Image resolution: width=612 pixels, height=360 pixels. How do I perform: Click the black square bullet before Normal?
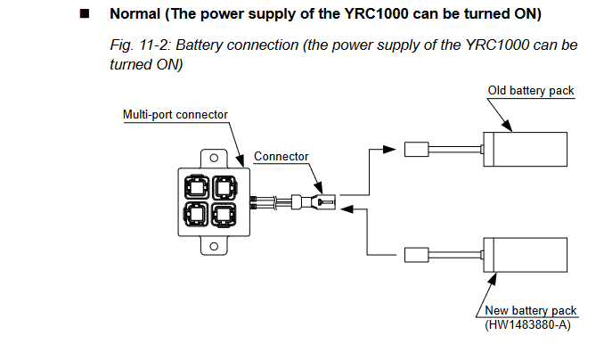[x=85, y=14]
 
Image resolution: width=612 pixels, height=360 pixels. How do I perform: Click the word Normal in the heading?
[x=135, y=14]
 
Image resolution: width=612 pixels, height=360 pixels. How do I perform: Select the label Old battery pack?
[x=531, y=91]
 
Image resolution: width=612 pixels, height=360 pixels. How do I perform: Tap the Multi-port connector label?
[x=175, y=114]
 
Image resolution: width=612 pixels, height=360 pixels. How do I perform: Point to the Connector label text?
[x=281, y=156]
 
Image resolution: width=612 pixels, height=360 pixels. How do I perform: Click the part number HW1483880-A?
[x=527, y=325]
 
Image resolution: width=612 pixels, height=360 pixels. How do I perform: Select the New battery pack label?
[x=530, y=310]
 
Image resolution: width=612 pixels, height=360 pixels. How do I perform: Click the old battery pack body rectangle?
[x=526, y=149]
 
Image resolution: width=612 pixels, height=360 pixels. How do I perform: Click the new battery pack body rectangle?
[x=526, y=255]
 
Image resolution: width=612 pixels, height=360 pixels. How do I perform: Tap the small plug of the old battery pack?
[x=416, y=150]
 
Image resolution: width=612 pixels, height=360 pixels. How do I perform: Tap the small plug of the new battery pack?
[x=416, y=255]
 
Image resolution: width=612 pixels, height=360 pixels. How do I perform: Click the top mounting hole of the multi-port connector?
[x=214, y=158]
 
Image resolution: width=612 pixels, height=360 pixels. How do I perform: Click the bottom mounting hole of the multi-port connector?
[x=214, y=246]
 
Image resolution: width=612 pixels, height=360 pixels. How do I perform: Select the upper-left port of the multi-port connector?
[x=197, y=187]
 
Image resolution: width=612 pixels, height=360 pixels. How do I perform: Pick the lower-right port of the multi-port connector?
[x=224, y=215]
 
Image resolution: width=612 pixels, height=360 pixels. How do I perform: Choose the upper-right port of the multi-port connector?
[x=224, y=187]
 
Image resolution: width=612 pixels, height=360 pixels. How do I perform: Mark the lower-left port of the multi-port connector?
[x=196, y=215]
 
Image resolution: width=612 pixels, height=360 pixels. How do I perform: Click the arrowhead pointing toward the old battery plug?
[x=389, y=150]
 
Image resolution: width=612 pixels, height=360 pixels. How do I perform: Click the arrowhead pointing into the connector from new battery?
[x=347, y=209]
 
